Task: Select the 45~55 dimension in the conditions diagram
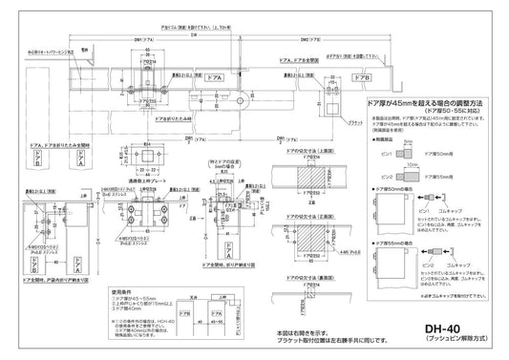click(x=201, y=326)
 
